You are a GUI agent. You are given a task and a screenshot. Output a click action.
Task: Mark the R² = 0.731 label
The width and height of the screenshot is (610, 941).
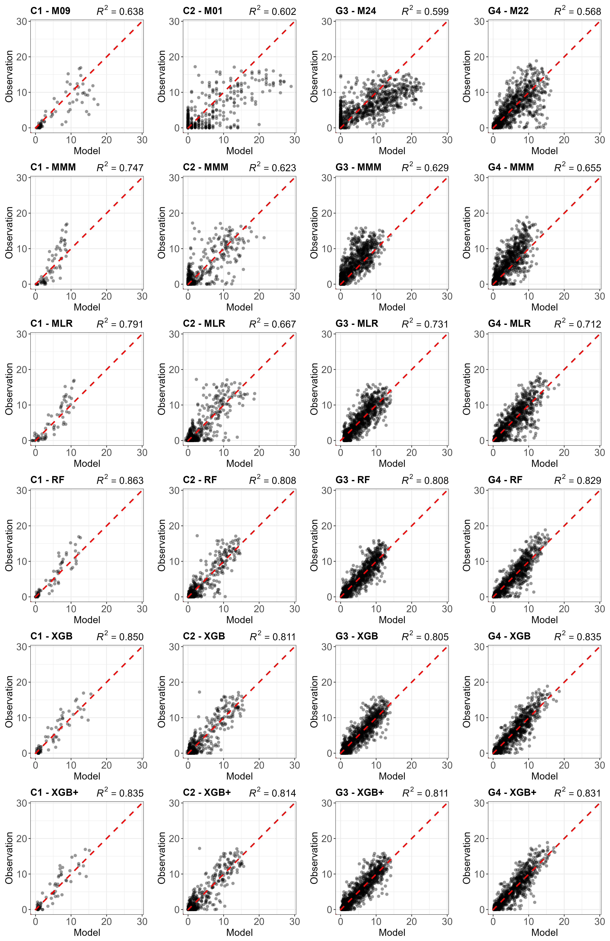click(x=425, y=323)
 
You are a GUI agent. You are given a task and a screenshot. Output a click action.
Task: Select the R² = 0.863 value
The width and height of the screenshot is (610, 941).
click(x=120, y=480)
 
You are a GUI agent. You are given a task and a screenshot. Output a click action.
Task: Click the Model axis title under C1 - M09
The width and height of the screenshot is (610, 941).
click(x=87, y=151)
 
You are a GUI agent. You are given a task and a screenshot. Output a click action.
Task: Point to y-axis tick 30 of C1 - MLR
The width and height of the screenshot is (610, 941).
click(x=22, y=334)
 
